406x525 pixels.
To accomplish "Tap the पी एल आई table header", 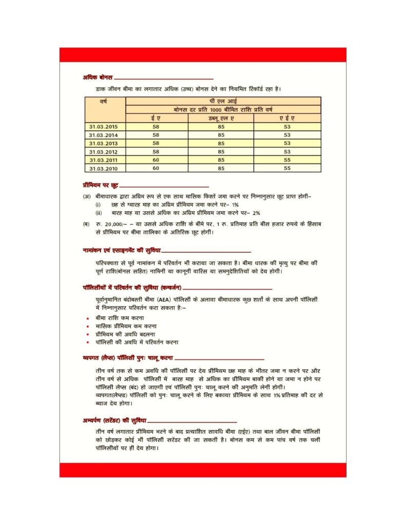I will (223, 101).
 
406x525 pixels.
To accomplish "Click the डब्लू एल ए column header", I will (221, 118).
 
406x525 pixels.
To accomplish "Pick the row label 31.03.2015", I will (104, 127).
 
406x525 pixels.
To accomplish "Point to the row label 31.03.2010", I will (104, 168).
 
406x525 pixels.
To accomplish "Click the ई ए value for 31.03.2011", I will (156, 160).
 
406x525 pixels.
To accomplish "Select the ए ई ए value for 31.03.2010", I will (287, 168).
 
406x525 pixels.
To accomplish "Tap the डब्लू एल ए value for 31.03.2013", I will (221, 143).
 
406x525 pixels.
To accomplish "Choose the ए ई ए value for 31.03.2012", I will (287, 152).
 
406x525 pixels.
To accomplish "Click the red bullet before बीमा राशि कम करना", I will (88, 318).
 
